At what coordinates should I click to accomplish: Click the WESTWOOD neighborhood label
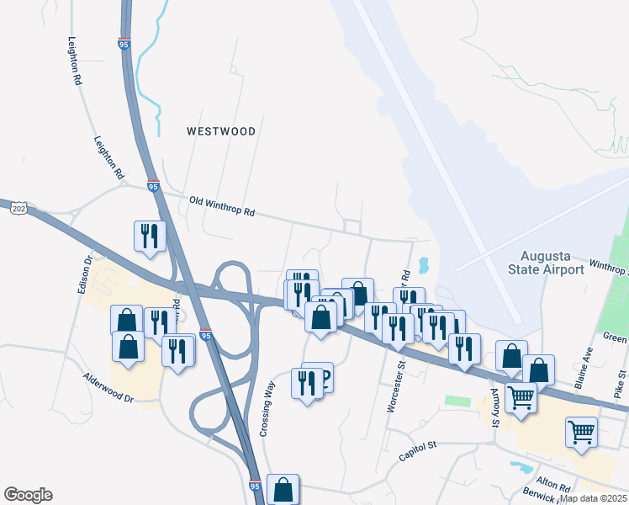(220, 131)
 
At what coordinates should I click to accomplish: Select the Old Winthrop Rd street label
(222, 206)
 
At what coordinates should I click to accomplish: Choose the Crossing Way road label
(267, 409)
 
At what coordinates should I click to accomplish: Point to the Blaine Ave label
(583, 370)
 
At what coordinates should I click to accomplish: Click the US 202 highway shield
(17, 207)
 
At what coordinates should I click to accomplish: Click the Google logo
(28, 495)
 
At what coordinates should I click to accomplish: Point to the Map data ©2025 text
(594, 498)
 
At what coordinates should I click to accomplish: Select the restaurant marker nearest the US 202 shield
(149, 235)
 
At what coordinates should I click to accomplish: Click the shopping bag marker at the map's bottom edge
(283, 489)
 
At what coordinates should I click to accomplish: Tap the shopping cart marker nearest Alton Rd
(581, 433)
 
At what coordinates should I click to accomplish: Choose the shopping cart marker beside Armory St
(521, 396)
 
